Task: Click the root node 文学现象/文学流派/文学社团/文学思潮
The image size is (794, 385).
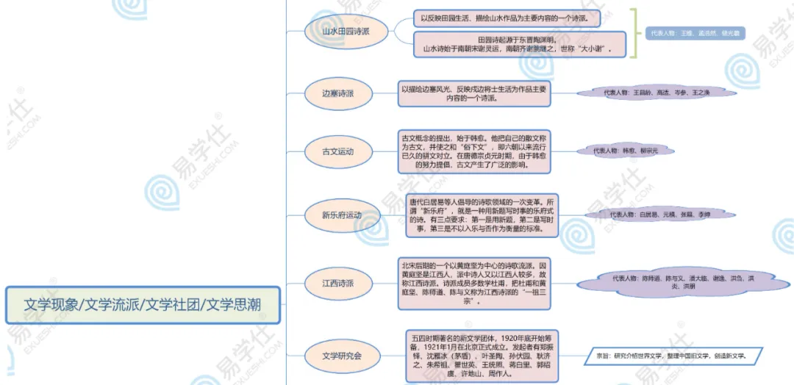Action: [x=143, y=304]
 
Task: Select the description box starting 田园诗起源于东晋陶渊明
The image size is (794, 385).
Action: [x=519, y=44]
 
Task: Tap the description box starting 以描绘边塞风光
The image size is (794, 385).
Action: [x=473, y=93]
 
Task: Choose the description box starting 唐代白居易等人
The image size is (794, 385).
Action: [x=482, y=215]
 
